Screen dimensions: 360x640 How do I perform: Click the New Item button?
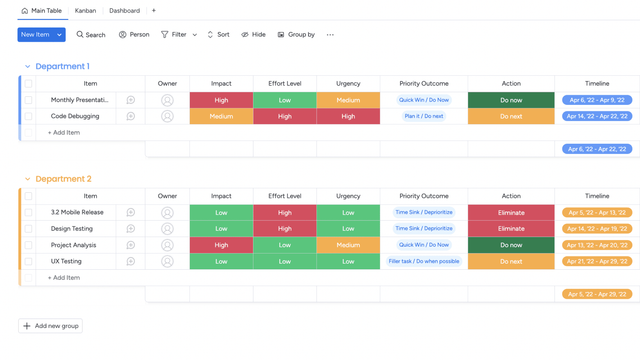coord(35,35)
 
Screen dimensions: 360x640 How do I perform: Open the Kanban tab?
coord(85,11)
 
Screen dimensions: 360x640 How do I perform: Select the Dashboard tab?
coord(124,11)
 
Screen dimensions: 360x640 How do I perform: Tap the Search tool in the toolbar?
coord(91,35)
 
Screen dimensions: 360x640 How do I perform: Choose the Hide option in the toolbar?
coord(253,35)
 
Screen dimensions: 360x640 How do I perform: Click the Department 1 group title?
coord(62,66)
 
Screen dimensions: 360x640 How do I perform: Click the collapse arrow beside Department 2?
coord(28,179)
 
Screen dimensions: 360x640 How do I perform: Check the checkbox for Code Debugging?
coord(28,116)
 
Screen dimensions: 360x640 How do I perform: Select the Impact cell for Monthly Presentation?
coord(221,100)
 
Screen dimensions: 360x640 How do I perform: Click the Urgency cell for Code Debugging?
coord(348,116)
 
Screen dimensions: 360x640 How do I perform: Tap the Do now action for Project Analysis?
coord(511,245)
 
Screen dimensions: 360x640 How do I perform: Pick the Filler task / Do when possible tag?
coord(424,262)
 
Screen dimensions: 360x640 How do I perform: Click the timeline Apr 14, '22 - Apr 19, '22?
coord(597,229)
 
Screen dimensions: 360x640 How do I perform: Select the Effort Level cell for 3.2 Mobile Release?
coord(285,213)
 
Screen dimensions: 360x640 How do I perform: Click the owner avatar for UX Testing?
coord(167,262)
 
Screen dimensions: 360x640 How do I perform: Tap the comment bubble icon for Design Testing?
coord(130,229)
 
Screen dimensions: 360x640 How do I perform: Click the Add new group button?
coord(50,326)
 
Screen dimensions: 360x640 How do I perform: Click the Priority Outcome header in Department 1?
coord(424,83)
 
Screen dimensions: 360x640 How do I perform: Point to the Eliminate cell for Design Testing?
coord(511,229)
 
